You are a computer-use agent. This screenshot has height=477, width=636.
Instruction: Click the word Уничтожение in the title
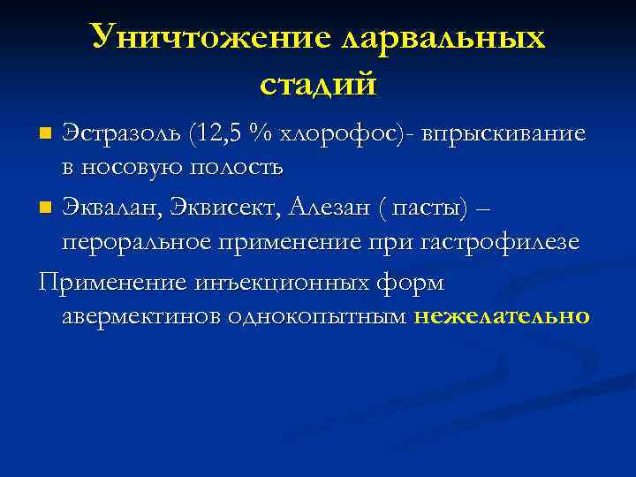(x=207, y=38)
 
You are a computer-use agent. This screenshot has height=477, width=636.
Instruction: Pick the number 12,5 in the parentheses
(x=217, y=134)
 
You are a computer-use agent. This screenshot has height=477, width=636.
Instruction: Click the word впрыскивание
(x=503, y=134)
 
